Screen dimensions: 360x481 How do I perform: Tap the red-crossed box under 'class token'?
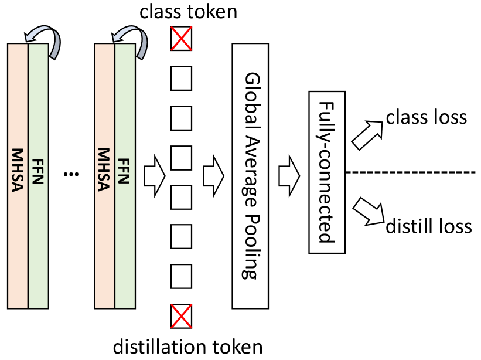(x=181, y=39)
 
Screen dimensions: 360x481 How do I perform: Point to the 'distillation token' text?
(x=187, y=346)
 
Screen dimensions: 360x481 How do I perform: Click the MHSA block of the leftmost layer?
(x=18, y=176)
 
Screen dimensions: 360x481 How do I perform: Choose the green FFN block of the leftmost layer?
(x=38, y=176)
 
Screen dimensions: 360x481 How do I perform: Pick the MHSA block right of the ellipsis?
(x=104, y=176)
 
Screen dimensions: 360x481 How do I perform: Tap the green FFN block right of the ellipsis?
(x=125, y=176)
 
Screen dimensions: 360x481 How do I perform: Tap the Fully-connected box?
(x=327, y=173)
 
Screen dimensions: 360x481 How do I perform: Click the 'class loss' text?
(x=426, y=117)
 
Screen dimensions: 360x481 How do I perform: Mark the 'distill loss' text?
(x=428, y=226)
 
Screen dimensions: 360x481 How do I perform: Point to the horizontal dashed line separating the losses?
(x=410, y=172)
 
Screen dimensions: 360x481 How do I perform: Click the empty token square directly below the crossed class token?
(x=181, y=79)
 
